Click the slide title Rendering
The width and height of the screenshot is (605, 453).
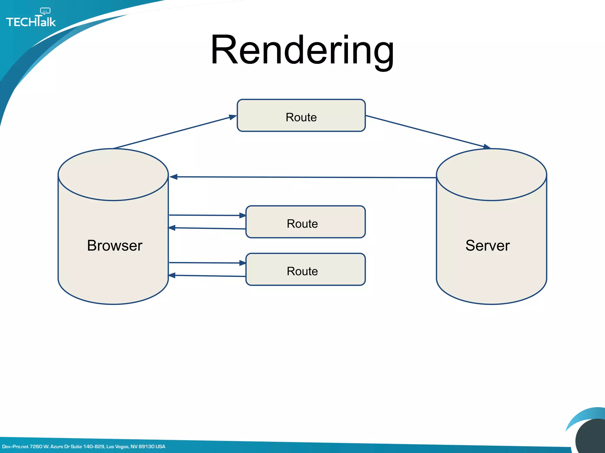[302, 50]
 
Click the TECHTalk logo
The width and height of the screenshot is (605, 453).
[31, 21]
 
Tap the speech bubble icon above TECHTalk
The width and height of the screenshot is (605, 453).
[45, 11]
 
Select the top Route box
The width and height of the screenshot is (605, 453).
[301, 116]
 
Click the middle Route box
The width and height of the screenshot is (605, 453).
[305, 222]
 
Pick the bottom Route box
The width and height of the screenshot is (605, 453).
[305, 270]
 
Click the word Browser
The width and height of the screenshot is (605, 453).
[115, 245]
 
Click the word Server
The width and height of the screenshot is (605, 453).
[487, 245]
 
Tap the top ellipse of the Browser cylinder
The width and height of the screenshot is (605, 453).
[113, 175]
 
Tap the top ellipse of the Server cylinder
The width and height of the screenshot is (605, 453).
[491, 175]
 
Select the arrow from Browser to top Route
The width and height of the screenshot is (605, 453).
[174, 132]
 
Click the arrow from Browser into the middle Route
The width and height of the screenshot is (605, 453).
[207, 215]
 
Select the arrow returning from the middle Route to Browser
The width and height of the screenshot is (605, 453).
[207, 228]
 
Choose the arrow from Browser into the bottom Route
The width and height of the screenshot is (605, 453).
[207, 263]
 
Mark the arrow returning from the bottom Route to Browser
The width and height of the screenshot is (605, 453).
[207, 276]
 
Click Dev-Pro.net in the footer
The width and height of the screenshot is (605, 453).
[15, 447]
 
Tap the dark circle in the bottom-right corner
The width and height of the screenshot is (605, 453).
[591, 438]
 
